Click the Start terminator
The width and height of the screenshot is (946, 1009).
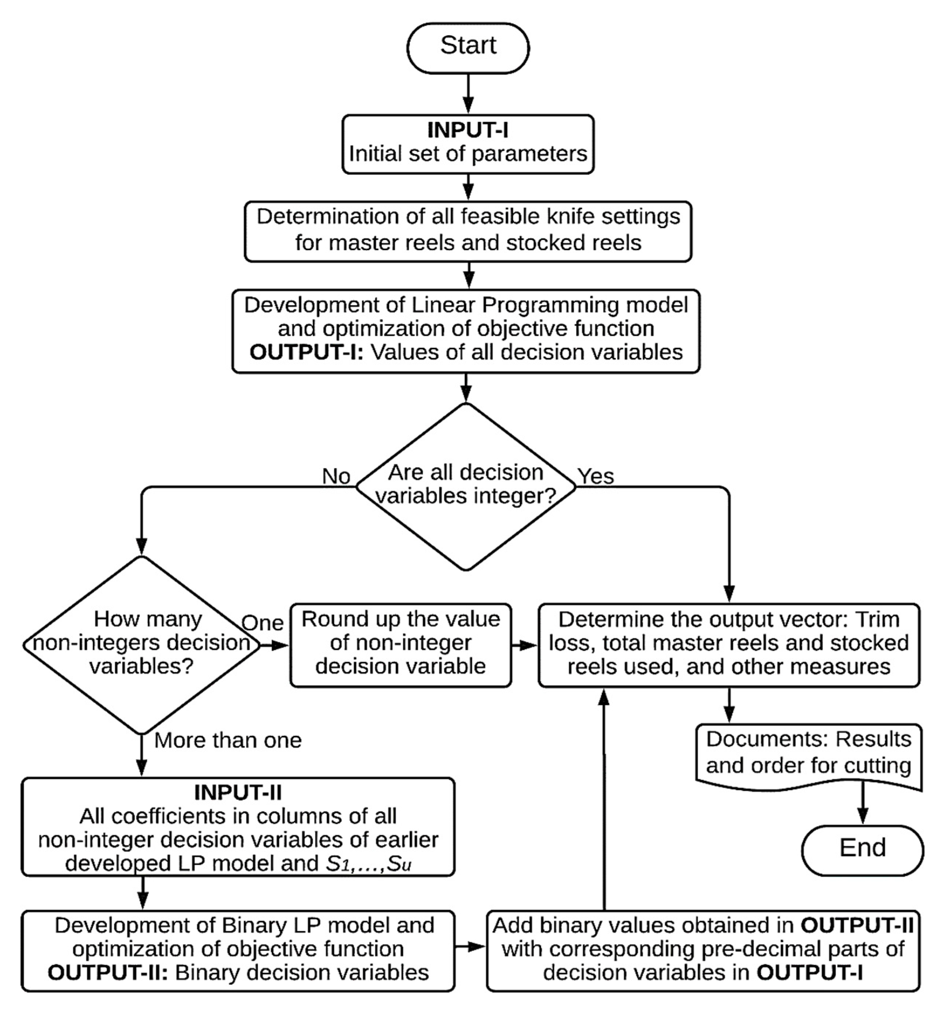pyautogui.click(x=468, y=47)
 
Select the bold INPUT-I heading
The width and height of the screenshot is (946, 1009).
pyautogui.click(x=467, y=130)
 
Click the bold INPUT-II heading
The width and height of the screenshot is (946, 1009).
pyautogui.click(x=238, y=792)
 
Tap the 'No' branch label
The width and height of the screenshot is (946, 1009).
pyautogui.click(x=336, y=476)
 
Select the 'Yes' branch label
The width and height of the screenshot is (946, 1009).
pyautogui.click(x=596, y=476)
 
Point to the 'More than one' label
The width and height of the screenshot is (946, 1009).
pyautogui.click(x=228, y=741)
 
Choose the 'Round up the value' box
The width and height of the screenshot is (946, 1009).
pyautogui.click(x=400, y=644)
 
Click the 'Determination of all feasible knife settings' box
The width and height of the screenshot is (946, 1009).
pyautogui.click(x=468, y=231)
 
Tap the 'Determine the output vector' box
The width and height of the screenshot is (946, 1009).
pyautogui.click(x=729, y=644)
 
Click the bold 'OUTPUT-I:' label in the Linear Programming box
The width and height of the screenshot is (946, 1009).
pyautogui.click(x=306, y=352)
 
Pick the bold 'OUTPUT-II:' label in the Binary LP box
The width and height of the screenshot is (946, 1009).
pyautogui.click(x=107, y=972)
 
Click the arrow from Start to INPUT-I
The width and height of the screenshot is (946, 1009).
pyautogui.click(x=468, y=94)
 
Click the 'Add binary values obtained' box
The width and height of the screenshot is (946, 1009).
pyautogui.click(x=703, y=949)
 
